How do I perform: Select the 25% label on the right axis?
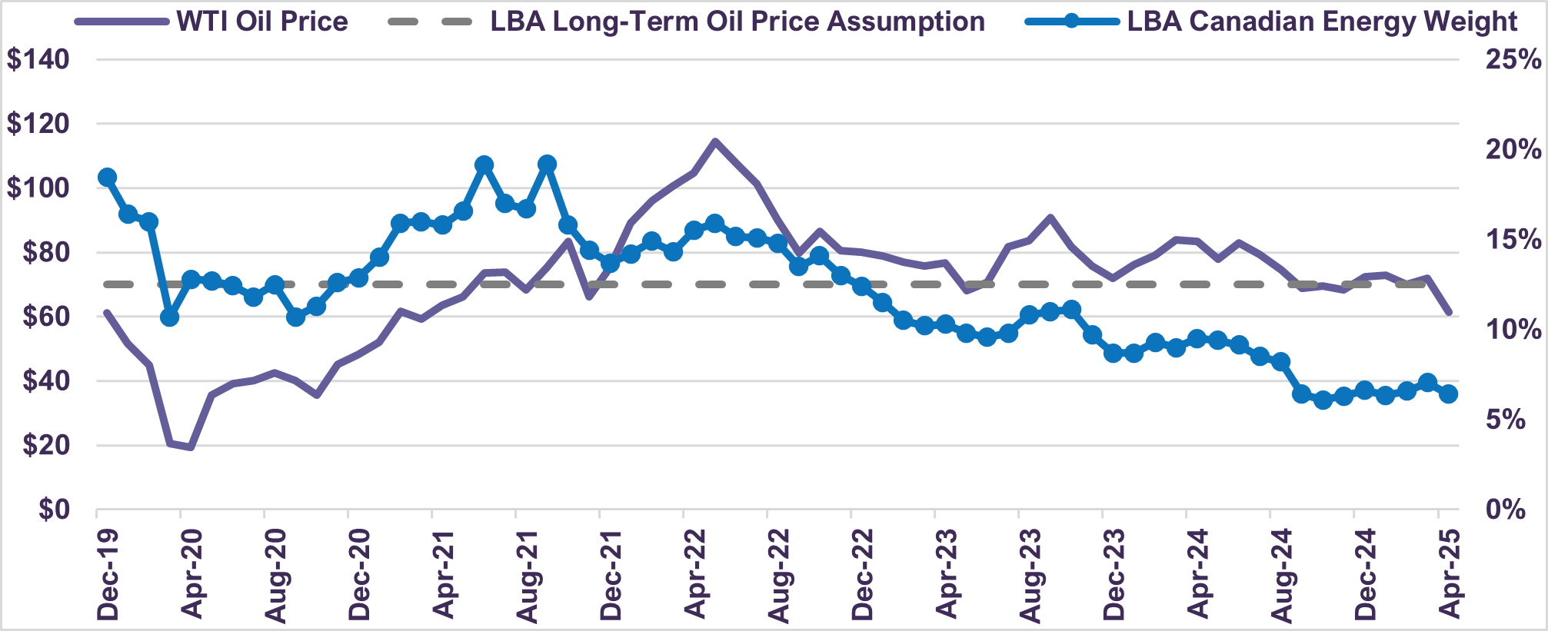click(1513, 59)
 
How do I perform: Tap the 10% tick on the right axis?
click(1513, 330)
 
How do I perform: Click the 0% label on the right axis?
click(1505, 510)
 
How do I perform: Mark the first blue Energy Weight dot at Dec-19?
click(108, 178)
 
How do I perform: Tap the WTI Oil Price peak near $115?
click(714, 141)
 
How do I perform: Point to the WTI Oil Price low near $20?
click(190, 447)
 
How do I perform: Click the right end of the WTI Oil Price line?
click(1450, 313)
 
